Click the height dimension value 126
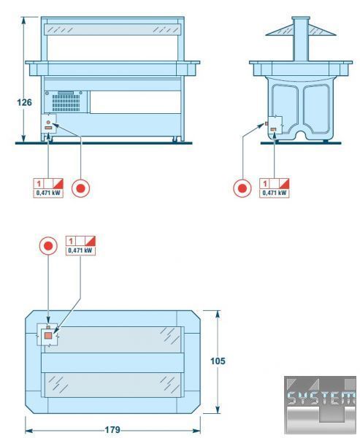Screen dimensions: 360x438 (25, 102)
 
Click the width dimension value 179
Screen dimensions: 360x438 (112, 430)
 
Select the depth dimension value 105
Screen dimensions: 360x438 (218, 361)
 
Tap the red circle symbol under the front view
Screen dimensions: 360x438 (80, 188)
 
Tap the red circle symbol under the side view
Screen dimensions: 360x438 (242, 188)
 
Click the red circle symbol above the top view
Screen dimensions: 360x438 (48, 246)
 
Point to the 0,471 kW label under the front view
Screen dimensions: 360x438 (48, 193)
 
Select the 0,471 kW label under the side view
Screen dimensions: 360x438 (275, 193)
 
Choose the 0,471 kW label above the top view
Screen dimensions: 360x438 (80, 250)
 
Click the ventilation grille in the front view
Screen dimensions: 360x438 (66, 103)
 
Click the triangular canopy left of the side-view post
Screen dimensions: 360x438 (279, 30)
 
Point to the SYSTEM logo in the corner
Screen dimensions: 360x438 (321, 404)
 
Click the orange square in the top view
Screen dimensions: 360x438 (48, 336)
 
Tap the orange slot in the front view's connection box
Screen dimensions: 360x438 (49, 128)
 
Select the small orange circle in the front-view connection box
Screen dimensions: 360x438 (48, 122)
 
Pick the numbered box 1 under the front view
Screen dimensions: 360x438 (39, 183)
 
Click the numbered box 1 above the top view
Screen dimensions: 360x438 (71, 241)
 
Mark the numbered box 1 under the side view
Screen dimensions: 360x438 (264, 183)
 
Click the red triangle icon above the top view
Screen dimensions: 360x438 (91, 241)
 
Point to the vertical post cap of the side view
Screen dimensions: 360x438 (301, 18)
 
